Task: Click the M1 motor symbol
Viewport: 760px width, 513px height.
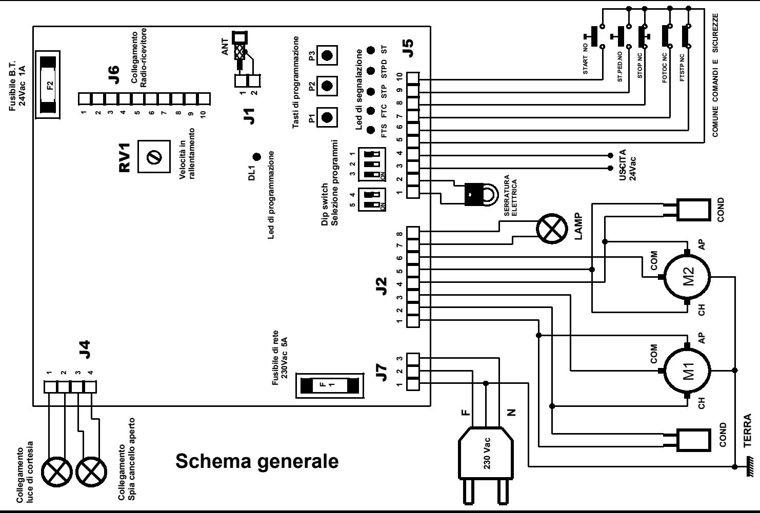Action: (687, 370)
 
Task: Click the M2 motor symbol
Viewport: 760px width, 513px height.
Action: (687, 277)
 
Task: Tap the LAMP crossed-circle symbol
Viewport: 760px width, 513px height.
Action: (552, 229)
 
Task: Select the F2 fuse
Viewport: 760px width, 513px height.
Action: (48, 85)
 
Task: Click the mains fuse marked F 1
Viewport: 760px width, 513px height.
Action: (330, 385)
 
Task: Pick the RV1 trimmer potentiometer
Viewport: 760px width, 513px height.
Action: (154, 157)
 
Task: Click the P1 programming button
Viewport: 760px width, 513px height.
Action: (327, 117)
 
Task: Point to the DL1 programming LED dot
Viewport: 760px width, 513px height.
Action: (257, 157)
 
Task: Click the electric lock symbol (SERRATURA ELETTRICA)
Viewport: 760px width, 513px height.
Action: (481, 194)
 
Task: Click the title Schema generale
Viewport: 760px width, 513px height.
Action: (257, 461)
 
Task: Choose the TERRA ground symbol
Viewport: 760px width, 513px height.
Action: (749, 467)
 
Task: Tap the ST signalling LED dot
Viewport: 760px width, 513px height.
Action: (371, 50)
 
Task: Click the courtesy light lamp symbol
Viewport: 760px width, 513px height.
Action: (56, 472)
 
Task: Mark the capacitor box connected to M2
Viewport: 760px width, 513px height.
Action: (694, 210)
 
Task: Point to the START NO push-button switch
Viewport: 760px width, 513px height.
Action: (595, 36)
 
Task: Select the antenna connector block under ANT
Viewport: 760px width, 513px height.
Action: (248, 81)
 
